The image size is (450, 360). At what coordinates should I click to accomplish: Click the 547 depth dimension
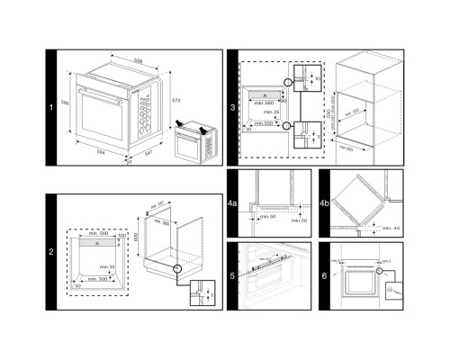pos(147,157)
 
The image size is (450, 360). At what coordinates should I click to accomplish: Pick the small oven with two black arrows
pos(193,145)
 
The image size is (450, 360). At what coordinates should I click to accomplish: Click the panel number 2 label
pos(52,251)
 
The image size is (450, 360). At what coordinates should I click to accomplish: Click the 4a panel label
pos(233,204)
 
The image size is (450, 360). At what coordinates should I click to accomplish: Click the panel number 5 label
pos(232,276)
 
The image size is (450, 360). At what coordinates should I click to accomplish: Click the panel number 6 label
pos(325,276)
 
